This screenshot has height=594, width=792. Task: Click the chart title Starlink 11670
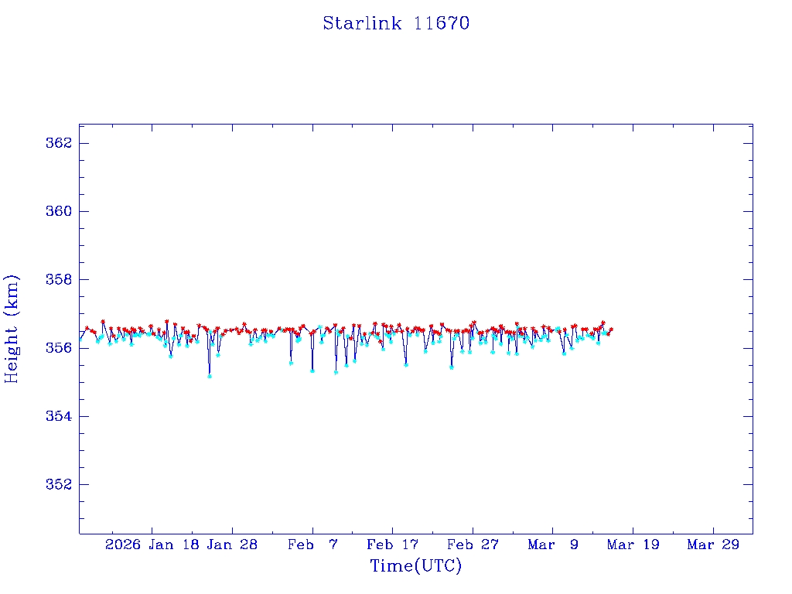[396, 23]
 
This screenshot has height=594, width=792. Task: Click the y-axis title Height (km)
[12, 329]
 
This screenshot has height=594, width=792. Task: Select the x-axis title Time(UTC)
[415, 566]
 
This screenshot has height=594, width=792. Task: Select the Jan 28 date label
[232, 544]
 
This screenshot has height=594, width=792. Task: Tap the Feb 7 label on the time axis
[312, 544]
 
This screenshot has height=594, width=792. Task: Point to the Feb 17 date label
[393, 544]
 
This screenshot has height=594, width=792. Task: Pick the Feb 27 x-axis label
[473, 544]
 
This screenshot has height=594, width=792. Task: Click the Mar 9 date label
[553, 544]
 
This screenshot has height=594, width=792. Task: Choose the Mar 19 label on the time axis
[633, 544]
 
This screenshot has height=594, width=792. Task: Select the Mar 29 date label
[714, 544]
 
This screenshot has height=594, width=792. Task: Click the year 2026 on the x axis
[124, 544]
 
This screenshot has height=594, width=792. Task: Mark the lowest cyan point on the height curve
[210, 376]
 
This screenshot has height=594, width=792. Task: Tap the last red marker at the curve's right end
[611, 329]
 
